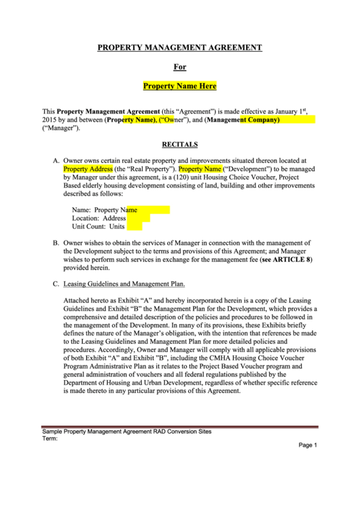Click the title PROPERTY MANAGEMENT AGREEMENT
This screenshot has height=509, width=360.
click(x=179, y=48)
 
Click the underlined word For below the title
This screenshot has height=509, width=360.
click(x=179, y=67)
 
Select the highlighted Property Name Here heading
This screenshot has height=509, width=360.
click(x=179, y=86)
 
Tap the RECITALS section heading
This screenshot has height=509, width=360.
click(x=179, y=144)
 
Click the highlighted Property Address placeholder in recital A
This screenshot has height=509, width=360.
click(x=88, y=168)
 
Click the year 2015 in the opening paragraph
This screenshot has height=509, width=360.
click(x=50, y=120)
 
